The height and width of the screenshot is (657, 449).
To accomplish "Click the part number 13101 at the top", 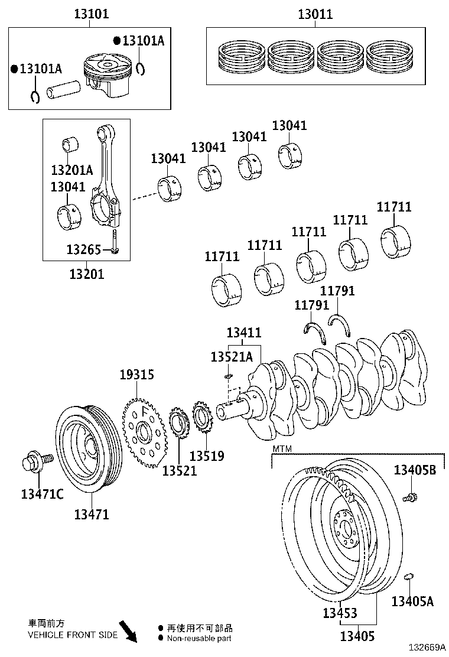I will pos(91,14).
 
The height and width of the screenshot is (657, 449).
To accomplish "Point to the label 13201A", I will pos(72,170).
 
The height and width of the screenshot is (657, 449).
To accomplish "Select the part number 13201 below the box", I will pos(87,274).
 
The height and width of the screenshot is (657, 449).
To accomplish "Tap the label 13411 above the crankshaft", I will pos(243,333).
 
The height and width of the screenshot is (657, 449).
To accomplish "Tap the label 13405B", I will pos(415,470).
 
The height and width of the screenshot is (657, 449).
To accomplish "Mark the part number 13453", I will pos(340,613).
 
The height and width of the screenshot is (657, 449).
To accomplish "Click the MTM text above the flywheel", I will pos(282,450).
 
